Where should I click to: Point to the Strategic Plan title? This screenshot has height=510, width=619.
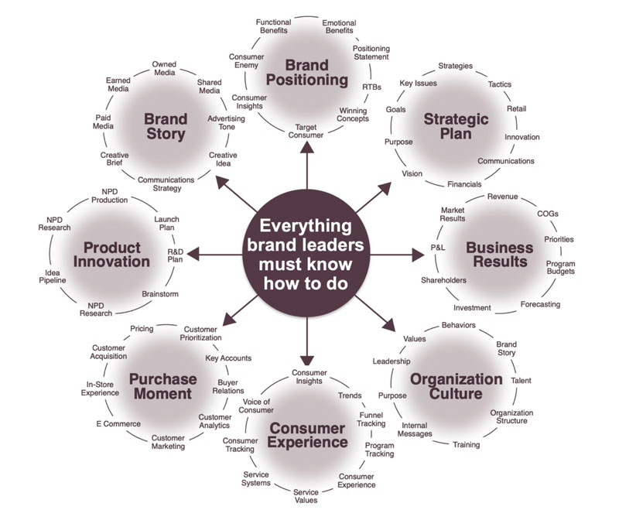[x=457, y=126]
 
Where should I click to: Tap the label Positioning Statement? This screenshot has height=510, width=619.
[x=371, y=52]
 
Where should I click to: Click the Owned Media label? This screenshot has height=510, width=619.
[x=164, y=69]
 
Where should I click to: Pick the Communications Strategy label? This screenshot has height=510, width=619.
[x=159, y=184]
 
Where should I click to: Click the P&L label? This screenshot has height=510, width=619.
[x=439, y=248]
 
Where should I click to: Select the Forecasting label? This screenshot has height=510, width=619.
[x=540, y=304]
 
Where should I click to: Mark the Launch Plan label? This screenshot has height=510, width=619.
[x=166, y=224]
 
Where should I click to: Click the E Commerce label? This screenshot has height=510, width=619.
[x=118, y=424]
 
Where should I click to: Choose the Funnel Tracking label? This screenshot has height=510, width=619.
[x=372, y=419]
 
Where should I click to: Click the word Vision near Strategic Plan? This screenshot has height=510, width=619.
[x=412, y=173]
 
